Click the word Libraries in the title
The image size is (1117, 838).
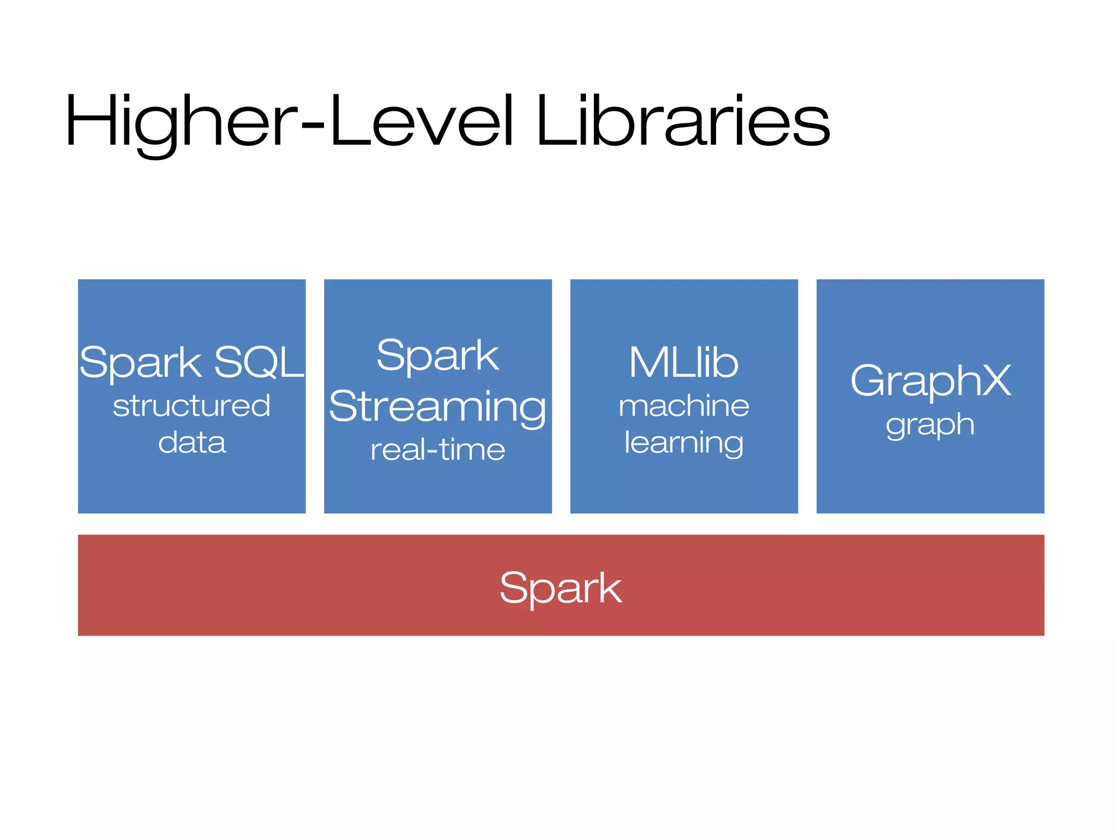pos(683,121)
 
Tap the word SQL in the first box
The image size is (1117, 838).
pos(259,362)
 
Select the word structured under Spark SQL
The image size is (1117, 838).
pos(191,406)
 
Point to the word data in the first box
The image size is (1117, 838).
pos(191,442)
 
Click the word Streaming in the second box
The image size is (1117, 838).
pos(437,408)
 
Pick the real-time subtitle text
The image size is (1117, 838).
pos(437,450)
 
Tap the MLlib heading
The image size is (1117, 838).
pos(684,362)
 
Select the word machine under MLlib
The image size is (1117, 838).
pos(684,406)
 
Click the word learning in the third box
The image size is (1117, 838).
pos(684,442)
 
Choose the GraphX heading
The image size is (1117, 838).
pos(930,381)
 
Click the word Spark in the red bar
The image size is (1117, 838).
pos(561,588)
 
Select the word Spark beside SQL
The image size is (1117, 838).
pos(141,362)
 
